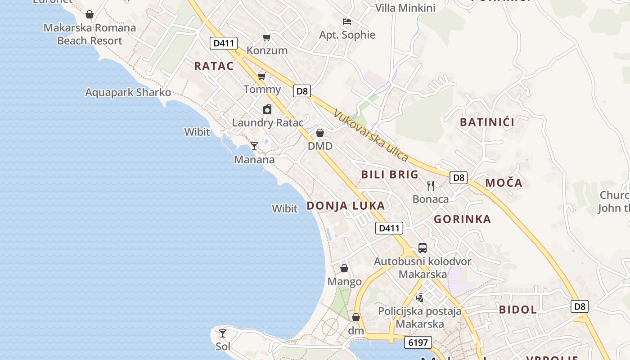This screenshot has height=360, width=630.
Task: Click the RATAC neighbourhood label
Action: point(214,66)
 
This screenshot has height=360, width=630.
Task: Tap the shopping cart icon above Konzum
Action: point(267,37)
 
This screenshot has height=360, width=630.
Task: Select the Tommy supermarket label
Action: point(262,89)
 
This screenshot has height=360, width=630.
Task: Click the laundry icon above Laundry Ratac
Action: point(267,109)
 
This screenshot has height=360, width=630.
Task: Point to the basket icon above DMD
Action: point(320,133)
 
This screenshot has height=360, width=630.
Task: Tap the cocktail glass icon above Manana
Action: point(254,146)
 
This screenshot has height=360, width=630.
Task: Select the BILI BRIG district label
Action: point(390,175)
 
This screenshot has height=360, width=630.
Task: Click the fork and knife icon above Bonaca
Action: point(431,185)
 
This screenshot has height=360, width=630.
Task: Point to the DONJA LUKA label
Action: point(346,206)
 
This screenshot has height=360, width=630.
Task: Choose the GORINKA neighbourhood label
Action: point(462,219)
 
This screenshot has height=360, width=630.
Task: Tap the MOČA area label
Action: point(504,183)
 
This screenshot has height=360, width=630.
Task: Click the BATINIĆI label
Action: point(487,122)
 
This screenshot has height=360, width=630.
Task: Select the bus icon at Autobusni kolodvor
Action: point(423,247)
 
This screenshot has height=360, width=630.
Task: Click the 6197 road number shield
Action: point(418,342)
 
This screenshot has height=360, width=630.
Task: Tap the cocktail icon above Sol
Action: point(223,333)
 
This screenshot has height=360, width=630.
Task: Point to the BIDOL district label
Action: point(517,310)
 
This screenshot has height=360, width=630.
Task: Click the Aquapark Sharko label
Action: point(128,92)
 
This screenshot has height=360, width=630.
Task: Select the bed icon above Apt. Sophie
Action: point(347,21)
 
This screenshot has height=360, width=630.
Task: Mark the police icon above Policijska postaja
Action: point(419,297)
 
